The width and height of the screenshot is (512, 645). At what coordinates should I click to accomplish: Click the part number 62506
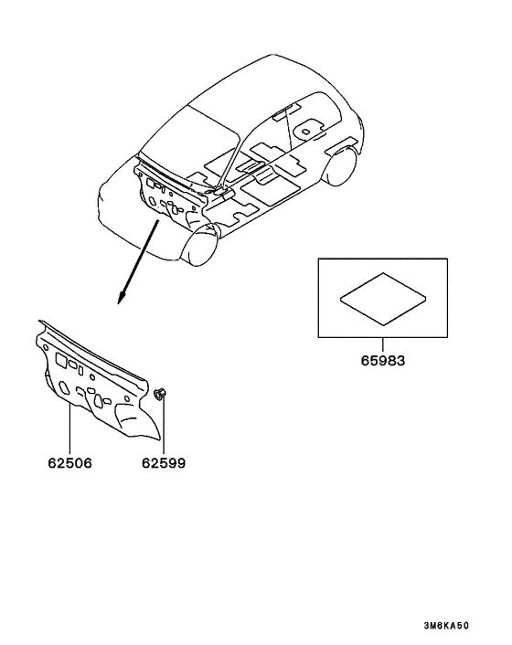point(70,463)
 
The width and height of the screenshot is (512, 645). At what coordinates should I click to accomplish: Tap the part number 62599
point(164,463)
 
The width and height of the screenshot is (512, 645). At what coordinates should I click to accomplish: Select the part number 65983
point(383,361)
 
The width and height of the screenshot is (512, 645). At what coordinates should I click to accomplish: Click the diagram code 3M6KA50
point(446,626)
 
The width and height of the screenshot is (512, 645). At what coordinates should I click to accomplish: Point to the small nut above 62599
point(160,394)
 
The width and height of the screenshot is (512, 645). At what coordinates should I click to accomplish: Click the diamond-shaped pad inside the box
point(383,299)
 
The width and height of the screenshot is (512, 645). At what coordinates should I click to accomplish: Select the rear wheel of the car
point(340,165)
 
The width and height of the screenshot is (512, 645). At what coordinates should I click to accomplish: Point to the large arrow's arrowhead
point(121,298)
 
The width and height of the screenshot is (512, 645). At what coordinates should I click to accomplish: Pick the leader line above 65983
point(383,345)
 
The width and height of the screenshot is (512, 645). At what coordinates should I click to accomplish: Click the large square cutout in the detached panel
point(61,360)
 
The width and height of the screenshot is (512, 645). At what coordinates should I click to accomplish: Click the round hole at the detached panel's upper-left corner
point(46,348)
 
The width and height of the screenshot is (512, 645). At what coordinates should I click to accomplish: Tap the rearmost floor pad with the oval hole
point(306,131)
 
